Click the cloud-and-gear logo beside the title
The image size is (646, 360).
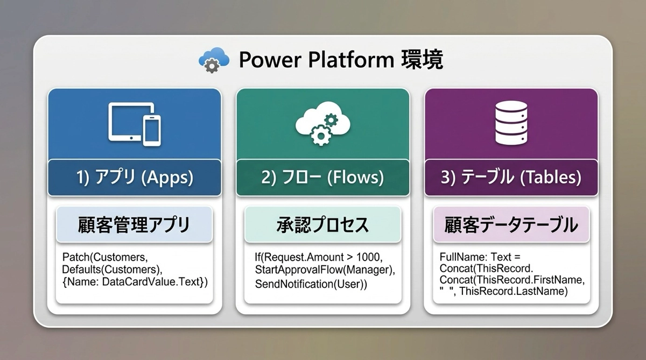[214, 60]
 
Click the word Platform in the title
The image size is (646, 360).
[351, 60]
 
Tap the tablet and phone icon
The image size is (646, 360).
[135, 124]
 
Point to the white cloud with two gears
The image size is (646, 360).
[322, 123]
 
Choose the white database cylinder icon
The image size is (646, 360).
[511, 123]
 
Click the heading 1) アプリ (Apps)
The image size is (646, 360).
[135, 177]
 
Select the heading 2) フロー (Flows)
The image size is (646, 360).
[322, 177]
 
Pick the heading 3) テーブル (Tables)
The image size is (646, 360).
[511, 177]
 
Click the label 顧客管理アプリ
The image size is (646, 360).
[134, 225]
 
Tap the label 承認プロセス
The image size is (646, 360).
[322, 225]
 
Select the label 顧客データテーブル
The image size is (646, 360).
[511, 225]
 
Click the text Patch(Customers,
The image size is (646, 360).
[105, 257]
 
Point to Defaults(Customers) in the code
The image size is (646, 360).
[111, 270]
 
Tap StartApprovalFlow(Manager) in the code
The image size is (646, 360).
[324, 270]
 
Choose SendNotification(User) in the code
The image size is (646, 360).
[310, 284]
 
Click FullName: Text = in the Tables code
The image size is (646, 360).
[480, 257]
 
